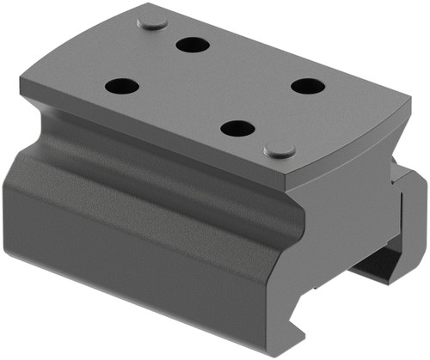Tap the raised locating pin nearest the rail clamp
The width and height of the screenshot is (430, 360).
point(279,150)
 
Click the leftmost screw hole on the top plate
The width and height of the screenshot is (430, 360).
point(121,86)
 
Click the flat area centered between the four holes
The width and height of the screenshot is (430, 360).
point(213,86)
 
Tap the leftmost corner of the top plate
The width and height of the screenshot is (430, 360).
point(21,86)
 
